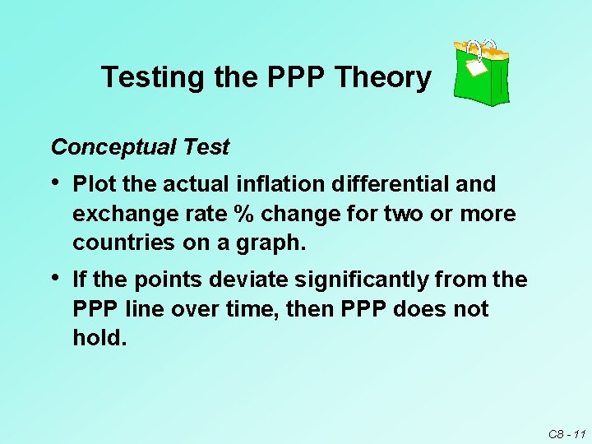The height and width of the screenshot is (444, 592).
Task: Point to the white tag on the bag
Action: point(476,65)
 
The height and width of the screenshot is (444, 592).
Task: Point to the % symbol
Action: point(243,214)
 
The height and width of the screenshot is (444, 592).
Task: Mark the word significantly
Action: point(361,280)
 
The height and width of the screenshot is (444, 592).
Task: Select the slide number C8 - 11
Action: point(566,432)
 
